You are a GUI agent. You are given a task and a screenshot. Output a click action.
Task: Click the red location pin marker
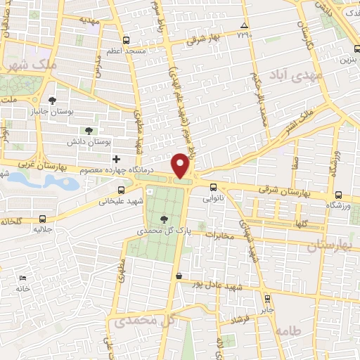(182, 165)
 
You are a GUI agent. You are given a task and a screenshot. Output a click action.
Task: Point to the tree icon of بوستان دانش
(88, 131)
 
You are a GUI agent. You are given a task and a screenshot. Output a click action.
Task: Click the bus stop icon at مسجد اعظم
(126, 40)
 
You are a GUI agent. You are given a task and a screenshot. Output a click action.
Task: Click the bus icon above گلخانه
(44, 219)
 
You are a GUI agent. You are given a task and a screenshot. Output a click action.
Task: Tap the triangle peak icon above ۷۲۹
(244, 25)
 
